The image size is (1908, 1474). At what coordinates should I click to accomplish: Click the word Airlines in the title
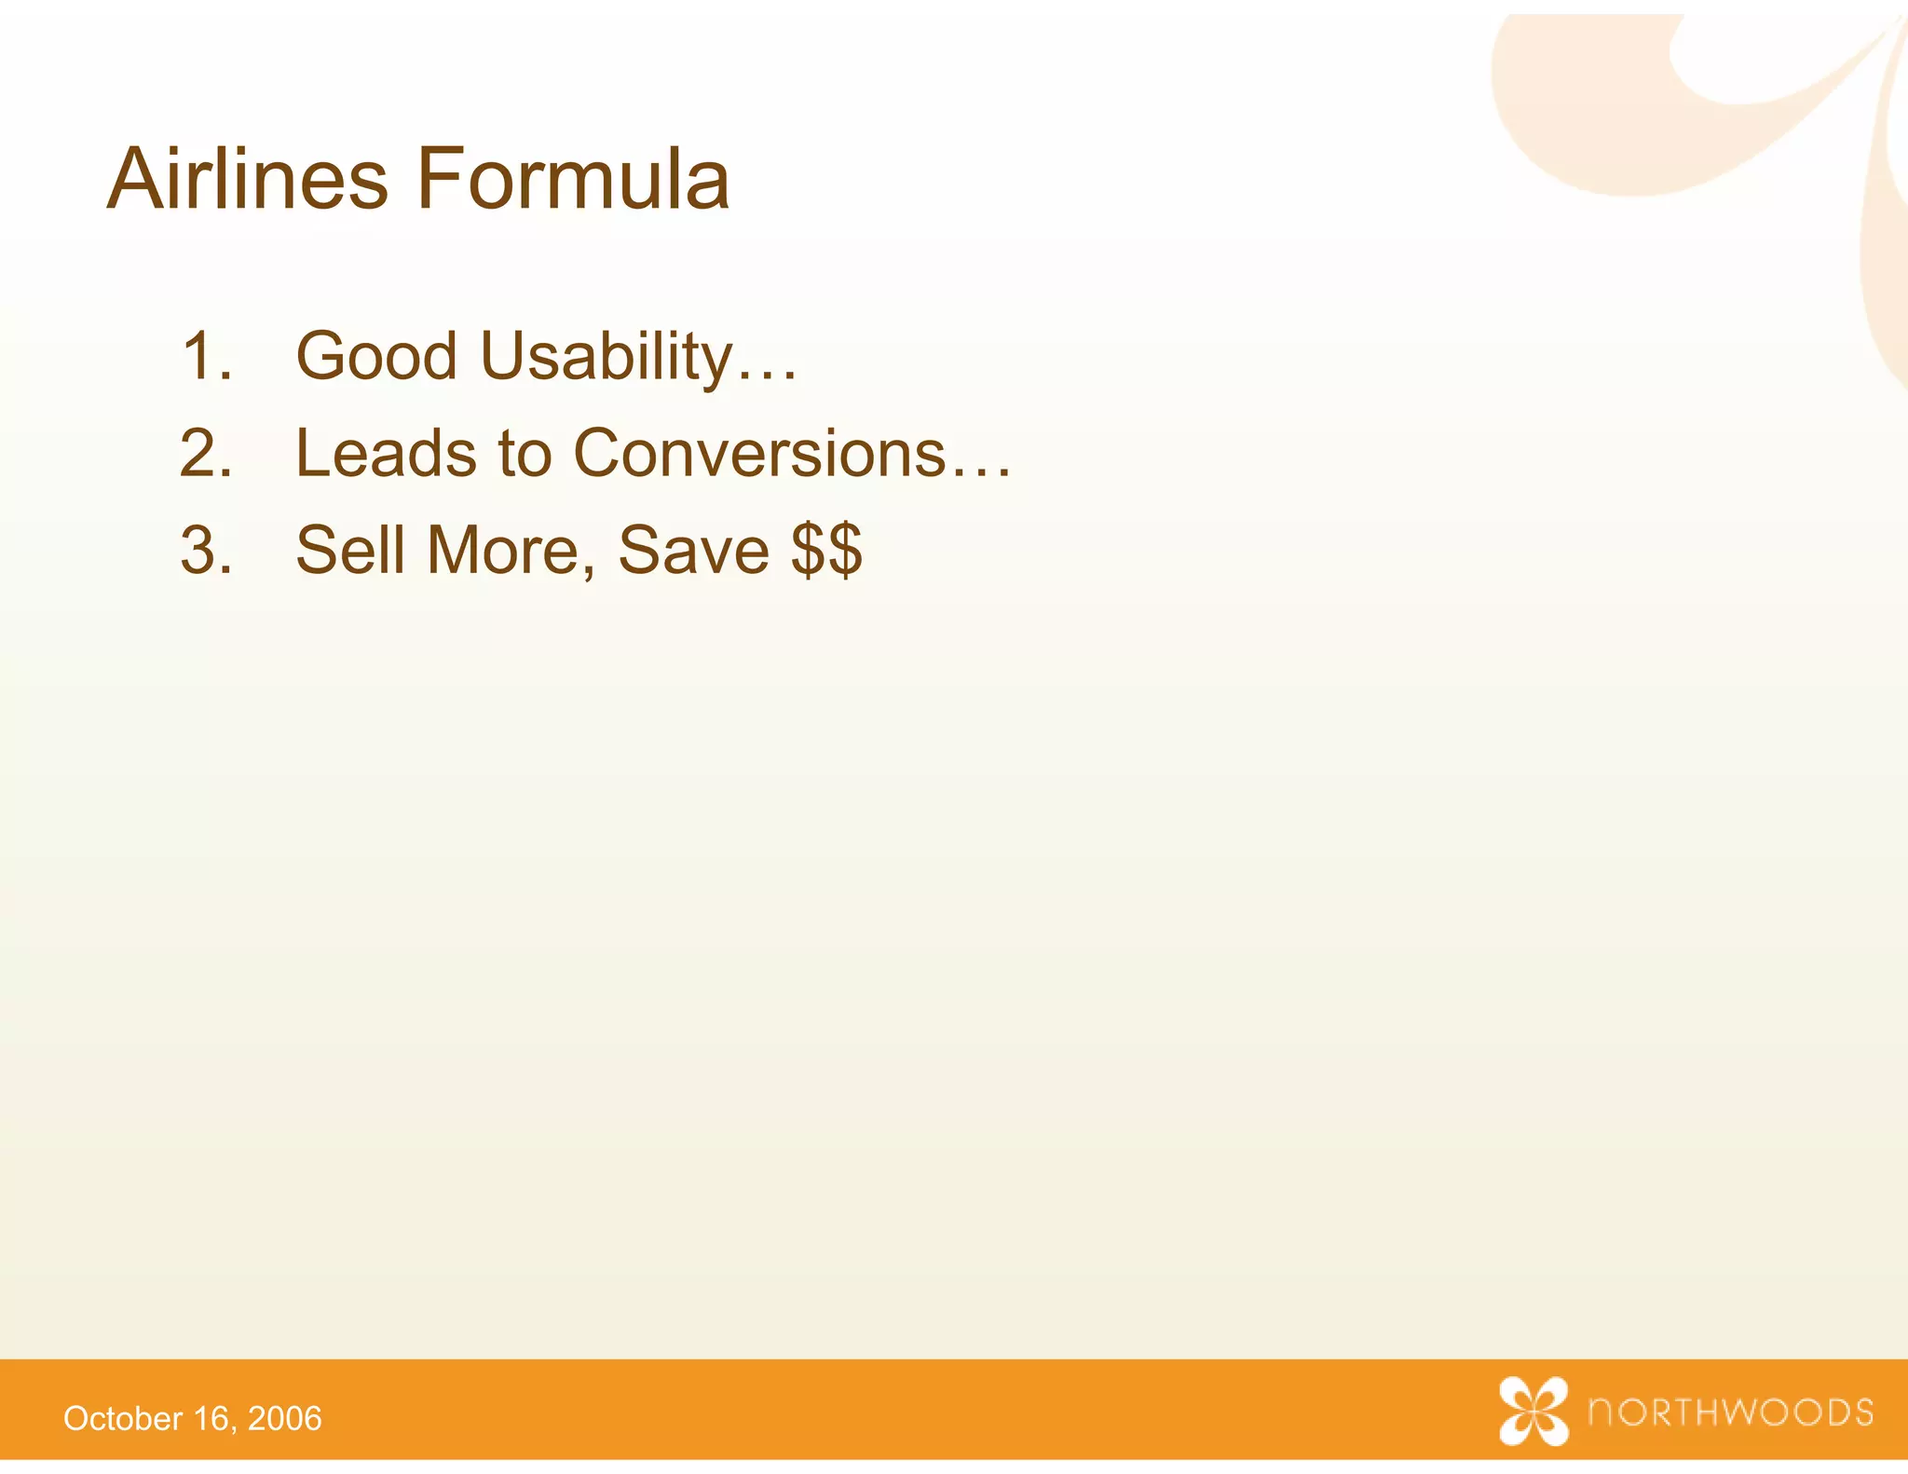click(x=247, y=179)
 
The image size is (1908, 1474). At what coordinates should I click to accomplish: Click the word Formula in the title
click(x=572, y=179)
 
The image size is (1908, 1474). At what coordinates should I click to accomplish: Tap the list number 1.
click(x=206, y=356)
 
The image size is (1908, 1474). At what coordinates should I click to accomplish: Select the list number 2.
click(x=206, y=454)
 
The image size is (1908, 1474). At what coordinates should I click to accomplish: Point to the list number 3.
click(x=206, y=551)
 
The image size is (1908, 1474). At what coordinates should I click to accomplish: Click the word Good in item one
click(x=376, y=356)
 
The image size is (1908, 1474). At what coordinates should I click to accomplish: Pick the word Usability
click(x=606, y=358)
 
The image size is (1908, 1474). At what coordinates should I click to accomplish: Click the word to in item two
click(x=525, y=455)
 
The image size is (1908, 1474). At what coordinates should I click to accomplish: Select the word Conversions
click(x=759, y=454)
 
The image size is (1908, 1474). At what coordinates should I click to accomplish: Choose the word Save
click(x=693, y=551)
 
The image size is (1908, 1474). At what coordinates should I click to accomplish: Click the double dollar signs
click(x=826, y=551)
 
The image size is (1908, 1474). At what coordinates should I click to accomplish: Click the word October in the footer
click(x=123, y=1419)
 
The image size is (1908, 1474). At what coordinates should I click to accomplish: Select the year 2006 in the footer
click(x=285, y=1419)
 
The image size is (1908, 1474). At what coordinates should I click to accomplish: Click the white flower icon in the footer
click(x=1533, y=1411)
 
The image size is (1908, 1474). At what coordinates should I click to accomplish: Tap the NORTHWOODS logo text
click(x=1730, y=1413)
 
